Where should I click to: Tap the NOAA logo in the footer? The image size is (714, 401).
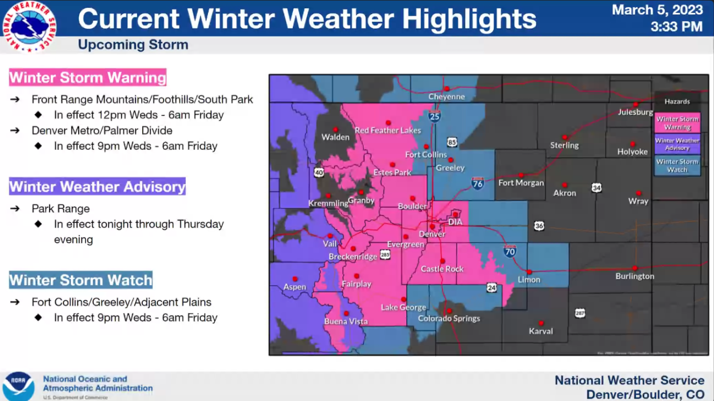(18, 386)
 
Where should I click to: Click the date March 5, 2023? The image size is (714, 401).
(657, 10)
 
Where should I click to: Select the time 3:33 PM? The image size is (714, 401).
(676, 26)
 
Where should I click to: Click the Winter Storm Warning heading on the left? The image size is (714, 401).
(88, 77)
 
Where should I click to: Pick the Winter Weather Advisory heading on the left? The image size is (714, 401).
(97, 186)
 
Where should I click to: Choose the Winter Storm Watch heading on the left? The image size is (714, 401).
(80, 280)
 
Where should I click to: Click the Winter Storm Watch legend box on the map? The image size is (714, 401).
(677, 165)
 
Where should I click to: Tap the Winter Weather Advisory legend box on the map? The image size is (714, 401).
(677, 144)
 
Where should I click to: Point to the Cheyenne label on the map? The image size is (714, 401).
(446, 97)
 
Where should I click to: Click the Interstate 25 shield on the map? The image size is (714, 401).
(435, 116)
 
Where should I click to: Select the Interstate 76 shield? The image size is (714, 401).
(477, 184)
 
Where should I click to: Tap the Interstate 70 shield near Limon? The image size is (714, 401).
(509, 251)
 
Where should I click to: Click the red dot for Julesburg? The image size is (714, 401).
(635, 104)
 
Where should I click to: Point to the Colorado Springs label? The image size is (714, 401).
(449, 319)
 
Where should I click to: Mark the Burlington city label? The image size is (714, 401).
(635, 276)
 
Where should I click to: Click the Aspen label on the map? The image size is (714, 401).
(295, 287)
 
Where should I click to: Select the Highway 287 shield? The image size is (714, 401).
(580, 313)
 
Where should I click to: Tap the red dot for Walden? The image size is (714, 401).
(336, 129)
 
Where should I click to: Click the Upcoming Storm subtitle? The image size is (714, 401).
(133, 45)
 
